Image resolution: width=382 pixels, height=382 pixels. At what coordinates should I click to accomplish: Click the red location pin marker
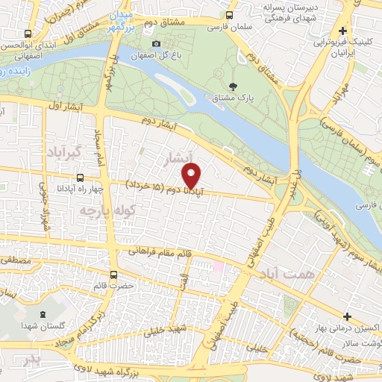click(x=192, y=176)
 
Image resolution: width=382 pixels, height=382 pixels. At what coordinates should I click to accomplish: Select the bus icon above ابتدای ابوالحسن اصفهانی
click(x=28, y=34)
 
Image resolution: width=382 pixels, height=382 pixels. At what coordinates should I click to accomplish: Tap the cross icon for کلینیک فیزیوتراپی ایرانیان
click(x=342, y=31)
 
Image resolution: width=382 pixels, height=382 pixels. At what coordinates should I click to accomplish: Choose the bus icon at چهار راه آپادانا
click(x=80, y=178)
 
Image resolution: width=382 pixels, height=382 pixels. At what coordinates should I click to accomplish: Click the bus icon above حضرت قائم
click(x=113, y=274)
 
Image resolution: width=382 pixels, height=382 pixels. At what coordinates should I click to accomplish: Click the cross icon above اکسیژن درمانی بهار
click(x=347, y=316)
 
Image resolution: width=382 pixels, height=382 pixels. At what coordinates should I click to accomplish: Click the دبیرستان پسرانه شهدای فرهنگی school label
click(x=281, y=13)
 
